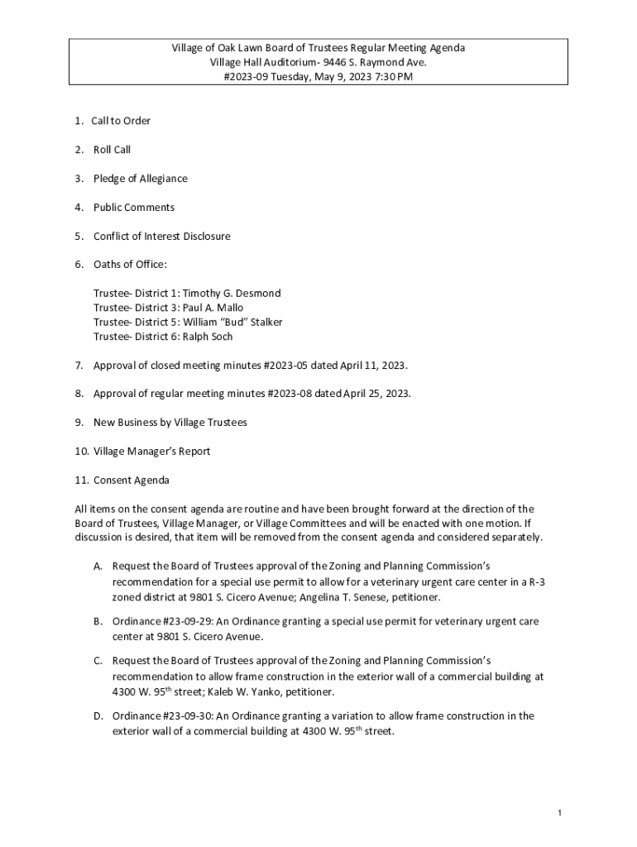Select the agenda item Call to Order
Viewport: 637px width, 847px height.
click(x=121, y=121)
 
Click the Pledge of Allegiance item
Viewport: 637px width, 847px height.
click(x=141, y=179)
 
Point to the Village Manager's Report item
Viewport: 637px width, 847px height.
click(x=152, y=452)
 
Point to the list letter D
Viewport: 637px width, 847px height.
click(x=98, y=716)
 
